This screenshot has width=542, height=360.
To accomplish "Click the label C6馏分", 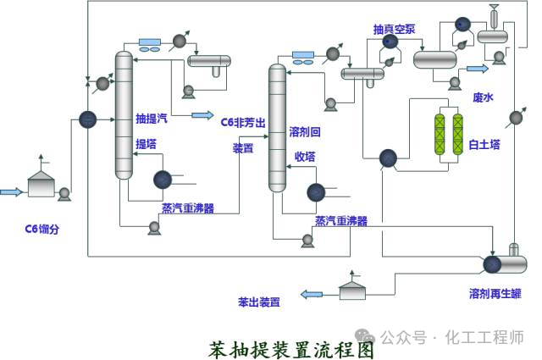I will click(x=42, y=229).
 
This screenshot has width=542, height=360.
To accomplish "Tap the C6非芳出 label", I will click(x=243, y=122).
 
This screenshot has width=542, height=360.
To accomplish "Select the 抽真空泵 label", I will click(x=394, y=29).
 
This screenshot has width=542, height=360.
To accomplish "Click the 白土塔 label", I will click(x=484, y=145).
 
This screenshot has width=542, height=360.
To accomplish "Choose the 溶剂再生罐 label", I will click(x=495, y=294).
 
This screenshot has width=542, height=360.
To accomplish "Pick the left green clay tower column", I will click(x=439, y=134).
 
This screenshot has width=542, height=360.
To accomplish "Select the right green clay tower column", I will click(x=458, y=134).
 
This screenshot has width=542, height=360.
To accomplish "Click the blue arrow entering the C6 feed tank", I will click(x=11, y=192).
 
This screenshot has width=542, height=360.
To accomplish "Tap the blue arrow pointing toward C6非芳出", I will click(x=203, y=114).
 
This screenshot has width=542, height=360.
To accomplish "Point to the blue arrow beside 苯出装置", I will click(x=312, y=295).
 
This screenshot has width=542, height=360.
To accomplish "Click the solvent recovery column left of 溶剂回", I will click(x=277, y=127).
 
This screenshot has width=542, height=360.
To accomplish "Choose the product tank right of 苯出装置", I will click(x=353, y=290).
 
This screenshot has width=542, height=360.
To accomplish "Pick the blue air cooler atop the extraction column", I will click(x=153, y=42).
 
